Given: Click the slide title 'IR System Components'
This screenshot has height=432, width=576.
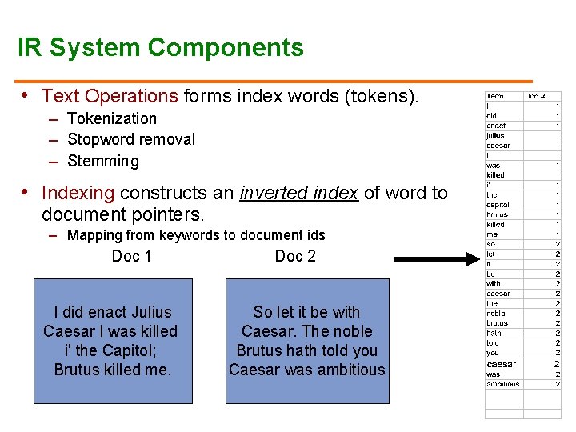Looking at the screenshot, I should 161,48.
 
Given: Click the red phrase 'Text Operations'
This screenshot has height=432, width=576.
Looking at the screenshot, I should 110,97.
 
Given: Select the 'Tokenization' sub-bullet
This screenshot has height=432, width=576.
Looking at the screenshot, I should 112,118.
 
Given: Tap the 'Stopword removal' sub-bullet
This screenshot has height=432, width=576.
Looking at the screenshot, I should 131,139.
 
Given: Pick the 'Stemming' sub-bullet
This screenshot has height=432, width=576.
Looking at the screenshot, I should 103,161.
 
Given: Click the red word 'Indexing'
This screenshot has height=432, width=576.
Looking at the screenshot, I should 78,193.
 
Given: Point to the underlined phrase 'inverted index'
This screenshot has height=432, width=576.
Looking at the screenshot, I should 298,193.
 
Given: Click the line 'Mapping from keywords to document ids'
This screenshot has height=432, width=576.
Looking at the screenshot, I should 196,235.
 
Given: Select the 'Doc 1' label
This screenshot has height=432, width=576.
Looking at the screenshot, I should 131,256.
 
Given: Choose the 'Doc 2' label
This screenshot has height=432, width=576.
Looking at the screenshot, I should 295,256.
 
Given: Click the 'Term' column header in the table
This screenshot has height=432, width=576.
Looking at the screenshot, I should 495,96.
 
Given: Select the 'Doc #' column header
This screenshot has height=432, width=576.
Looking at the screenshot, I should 535,96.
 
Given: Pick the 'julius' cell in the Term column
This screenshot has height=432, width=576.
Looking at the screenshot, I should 496,135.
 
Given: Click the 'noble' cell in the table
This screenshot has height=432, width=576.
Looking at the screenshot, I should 496,314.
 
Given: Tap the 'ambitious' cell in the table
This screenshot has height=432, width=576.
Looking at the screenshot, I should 502,384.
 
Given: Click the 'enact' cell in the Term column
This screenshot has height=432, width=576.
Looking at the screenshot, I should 496,126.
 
